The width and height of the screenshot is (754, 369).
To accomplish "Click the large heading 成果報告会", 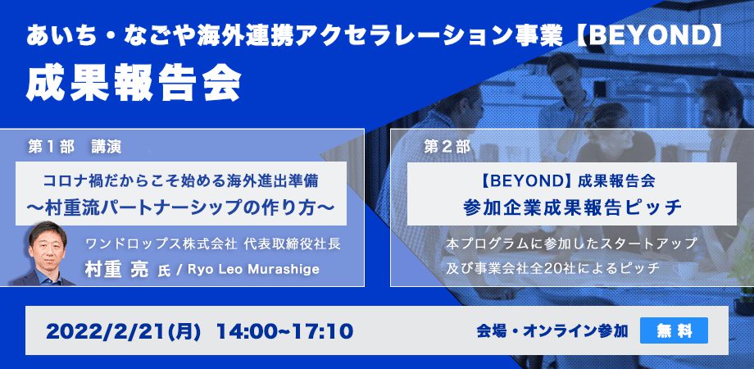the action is pyautogui.click(x=134, y=84).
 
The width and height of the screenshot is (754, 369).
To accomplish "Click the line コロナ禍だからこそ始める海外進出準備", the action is pyautogui.click(x=181, y=181).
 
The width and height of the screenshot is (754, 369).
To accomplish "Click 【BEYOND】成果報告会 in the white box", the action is pyautogui.click(x=568, y=182).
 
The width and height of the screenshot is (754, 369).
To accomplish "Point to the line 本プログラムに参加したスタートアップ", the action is pyautogui.click(x=571, y=244).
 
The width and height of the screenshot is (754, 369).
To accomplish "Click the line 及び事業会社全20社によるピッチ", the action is pyautogui.click(x=552, y=268).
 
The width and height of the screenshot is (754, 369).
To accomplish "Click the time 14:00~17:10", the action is pyautogui.click(x=284, y=331).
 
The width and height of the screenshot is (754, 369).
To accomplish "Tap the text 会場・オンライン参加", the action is pyautogui.click(x=552, y=331).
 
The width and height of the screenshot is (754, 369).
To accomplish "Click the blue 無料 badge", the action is pyautogui.click(x=675, y=330).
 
